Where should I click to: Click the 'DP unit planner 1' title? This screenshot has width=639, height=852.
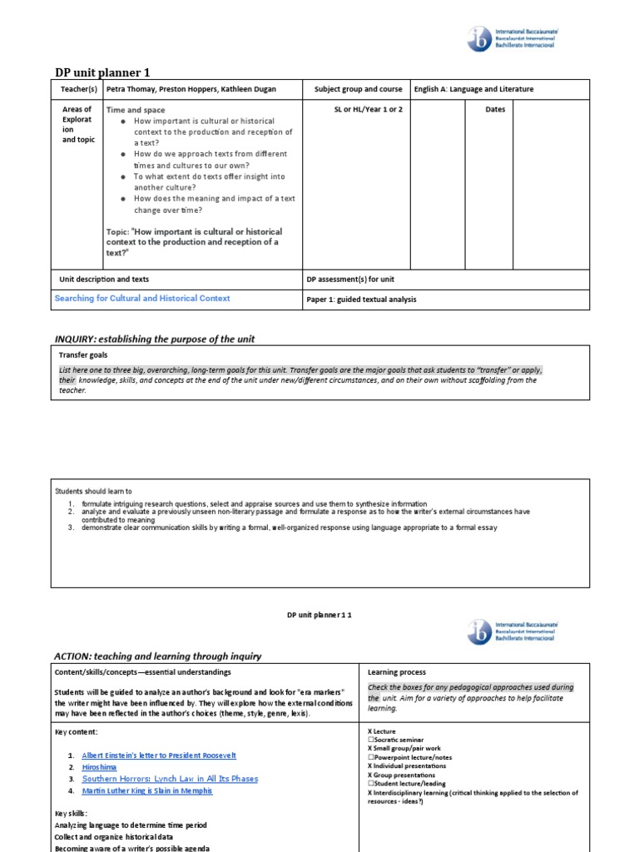pyautogui.click(x=102, y=72)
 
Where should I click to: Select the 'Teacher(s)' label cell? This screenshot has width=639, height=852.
pyautogui.click(x=79, y=89)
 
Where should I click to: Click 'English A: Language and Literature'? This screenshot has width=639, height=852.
pyautogui.click(x=473, y=89)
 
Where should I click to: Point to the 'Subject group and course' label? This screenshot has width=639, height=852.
pyautogui.click(x=358, y=89)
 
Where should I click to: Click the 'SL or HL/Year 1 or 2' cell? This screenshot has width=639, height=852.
pyautogui.click(x=358, y=110)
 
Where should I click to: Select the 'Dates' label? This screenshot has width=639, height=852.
pyautogui.click(x=495, y=110)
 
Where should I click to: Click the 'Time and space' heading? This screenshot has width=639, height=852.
pyautogui.click(x=136, y=110)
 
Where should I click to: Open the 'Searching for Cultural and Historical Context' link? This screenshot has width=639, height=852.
pyautogui.click(x=142, y=298)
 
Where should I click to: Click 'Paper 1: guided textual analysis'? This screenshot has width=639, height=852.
pyautogui.click(x=361, y=300)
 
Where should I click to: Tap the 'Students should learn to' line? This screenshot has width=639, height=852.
pyautogui.click(x=93, y=491)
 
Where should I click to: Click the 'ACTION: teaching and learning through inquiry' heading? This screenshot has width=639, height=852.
pyautogui.click(x=157, y=656)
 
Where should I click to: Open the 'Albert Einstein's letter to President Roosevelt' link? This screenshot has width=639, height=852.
pyautogui.click(x=159, y=755)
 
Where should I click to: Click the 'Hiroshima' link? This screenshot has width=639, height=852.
pyautogui.click(x=99, y=767)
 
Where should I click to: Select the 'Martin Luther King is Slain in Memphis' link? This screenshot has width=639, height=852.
pyautogui.click(x=147, y=790)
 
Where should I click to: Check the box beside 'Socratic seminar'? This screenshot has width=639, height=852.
pyautogui.click(x=370, y=740)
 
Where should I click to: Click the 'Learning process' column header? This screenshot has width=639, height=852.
pyautogui.click(x=396, y=671)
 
